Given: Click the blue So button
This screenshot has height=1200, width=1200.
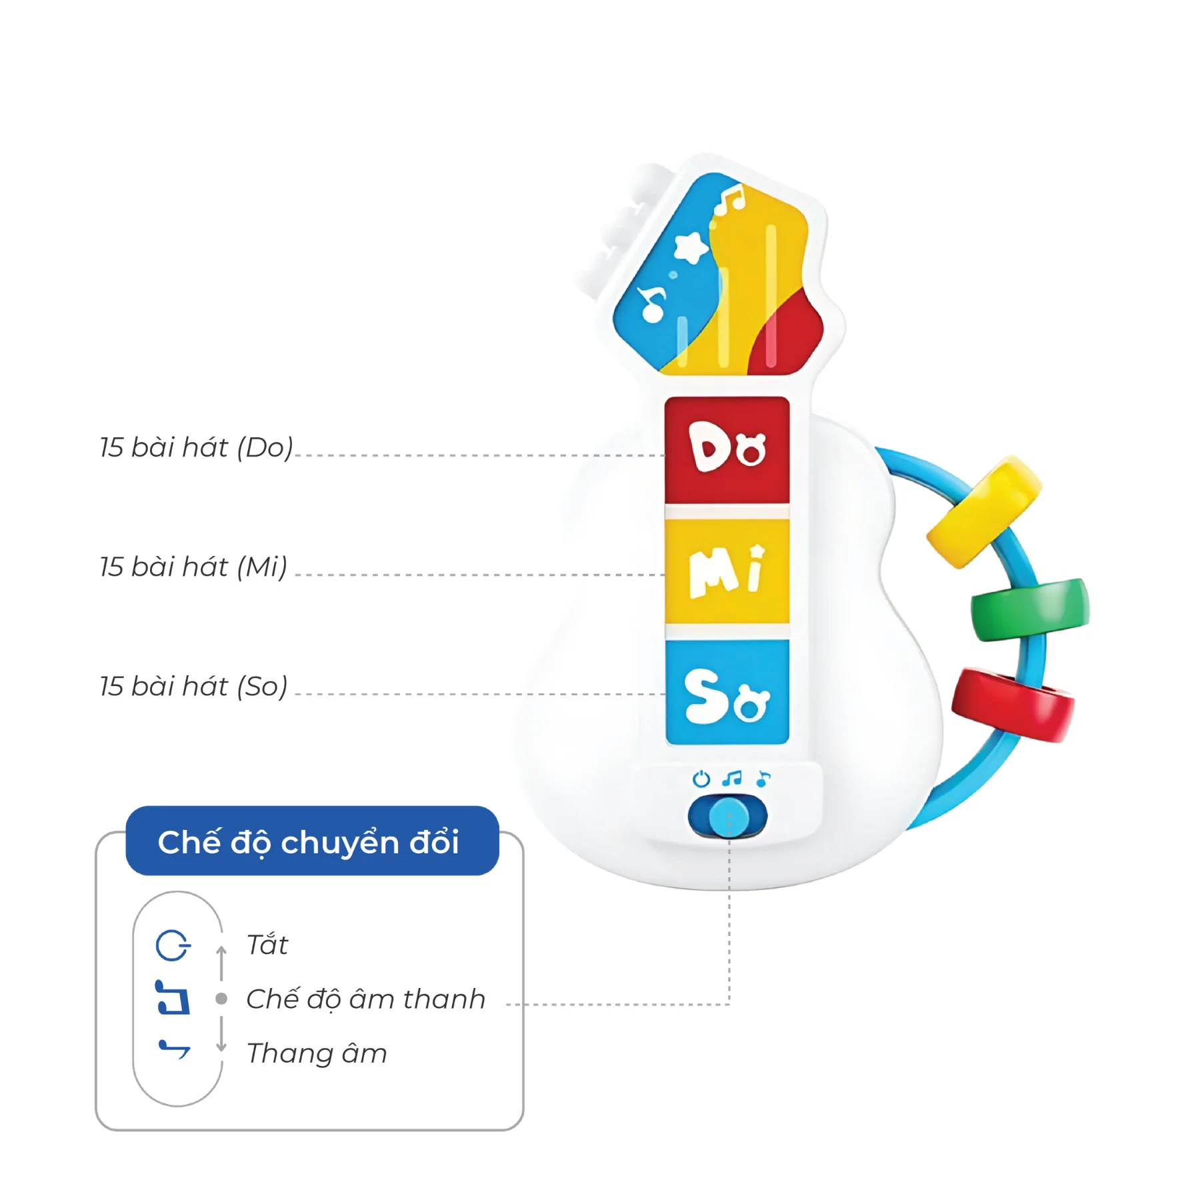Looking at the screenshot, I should pos(727,692).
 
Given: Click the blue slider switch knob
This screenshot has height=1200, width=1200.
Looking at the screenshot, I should pos(728,816).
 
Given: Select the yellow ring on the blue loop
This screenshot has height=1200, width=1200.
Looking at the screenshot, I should pos(983,511).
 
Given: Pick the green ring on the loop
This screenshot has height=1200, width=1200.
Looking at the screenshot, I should pos(1029,609).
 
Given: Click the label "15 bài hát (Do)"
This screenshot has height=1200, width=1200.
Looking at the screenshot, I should pos(196,447).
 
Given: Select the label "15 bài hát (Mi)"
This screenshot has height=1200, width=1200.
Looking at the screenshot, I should pos(193,567).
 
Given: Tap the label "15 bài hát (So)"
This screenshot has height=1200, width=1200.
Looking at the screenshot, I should pos(193,686).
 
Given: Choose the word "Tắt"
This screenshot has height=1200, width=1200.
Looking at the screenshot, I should pos(267,945).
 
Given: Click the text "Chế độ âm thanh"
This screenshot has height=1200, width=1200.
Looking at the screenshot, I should pos(365,999).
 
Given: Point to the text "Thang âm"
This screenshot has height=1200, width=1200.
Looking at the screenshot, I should pos(317,1053).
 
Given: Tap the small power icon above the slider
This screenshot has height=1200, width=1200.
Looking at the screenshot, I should pos(701,779).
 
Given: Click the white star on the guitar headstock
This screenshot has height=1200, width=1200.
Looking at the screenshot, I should pos(689,248).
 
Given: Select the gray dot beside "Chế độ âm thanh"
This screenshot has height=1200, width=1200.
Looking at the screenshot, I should pos(221,999).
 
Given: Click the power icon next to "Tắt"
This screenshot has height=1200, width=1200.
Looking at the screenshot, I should pos(173,945).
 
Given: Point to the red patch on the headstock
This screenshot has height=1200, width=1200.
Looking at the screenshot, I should pos(790,337).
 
